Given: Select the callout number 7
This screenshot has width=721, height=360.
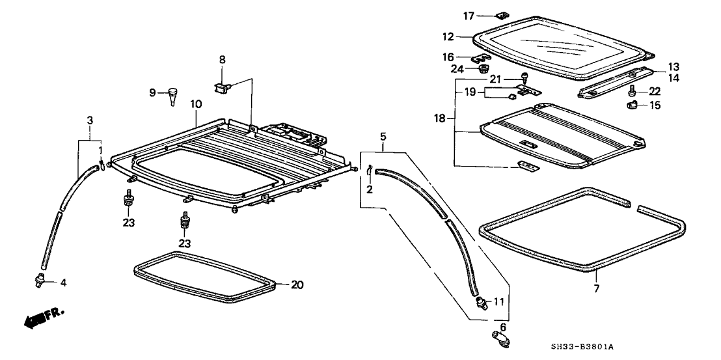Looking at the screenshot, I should coord(596,288).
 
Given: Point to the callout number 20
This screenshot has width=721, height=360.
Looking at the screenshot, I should coord(297,284).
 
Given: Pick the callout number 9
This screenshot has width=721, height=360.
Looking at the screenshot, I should coord(153,93).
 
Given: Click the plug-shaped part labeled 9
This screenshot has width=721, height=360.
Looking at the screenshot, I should coord(172,94).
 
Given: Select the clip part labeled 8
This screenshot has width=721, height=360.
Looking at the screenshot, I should coord(223,85).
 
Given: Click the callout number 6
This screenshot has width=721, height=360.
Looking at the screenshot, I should coord(503,327).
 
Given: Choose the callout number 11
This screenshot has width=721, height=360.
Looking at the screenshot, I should coord(499,301).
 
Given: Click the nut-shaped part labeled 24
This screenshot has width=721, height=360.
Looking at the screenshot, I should coord(483,68).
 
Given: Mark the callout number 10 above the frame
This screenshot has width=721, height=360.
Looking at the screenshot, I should coord(196,104).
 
